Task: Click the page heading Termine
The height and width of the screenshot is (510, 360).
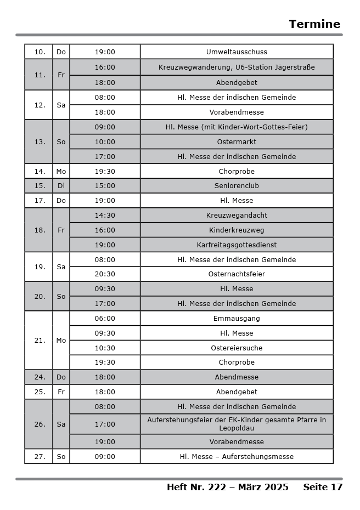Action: click(314, 24)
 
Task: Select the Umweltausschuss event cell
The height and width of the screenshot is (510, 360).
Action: click(237, 52)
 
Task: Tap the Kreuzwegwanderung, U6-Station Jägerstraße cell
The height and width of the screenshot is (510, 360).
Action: click(237, 67)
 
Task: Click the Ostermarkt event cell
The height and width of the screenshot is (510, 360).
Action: click(237, 142)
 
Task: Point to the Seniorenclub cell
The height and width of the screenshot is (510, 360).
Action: click(237, 186)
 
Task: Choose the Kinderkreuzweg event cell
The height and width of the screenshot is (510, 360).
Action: click(237, 230)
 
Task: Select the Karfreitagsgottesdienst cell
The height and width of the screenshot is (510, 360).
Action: click(237, 245)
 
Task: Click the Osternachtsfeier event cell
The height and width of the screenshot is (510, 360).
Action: click(237, 274)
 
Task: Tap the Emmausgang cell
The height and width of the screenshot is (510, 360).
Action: click(237, 319)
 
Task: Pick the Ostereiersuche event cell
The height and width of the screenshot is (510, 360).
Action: click(237, 348)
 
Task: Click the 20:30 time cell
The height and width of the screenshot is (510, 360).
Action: click(105, 274)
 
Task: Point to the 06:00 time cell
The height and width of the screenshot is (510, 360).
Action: click(105, 319)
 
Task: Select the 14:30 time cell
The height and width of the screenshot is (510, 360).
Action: click(105, 216)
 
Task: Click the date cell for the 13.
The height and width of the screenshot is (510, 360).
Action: click(40, 142)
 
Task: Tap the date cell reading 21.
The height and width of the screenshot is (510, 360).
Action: click(40, 341)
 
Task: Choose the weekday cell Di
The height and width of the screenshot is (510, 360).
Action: click(61, 186)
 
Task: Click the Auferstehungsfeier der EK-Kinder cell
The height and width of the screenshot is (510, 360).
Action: click(237, 424)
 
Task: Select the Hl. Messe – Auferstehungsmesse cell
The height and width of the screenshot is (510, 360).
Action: click(237, 457)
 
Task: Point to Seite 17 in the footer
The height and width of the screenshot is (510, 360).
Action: click(323, 487)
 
